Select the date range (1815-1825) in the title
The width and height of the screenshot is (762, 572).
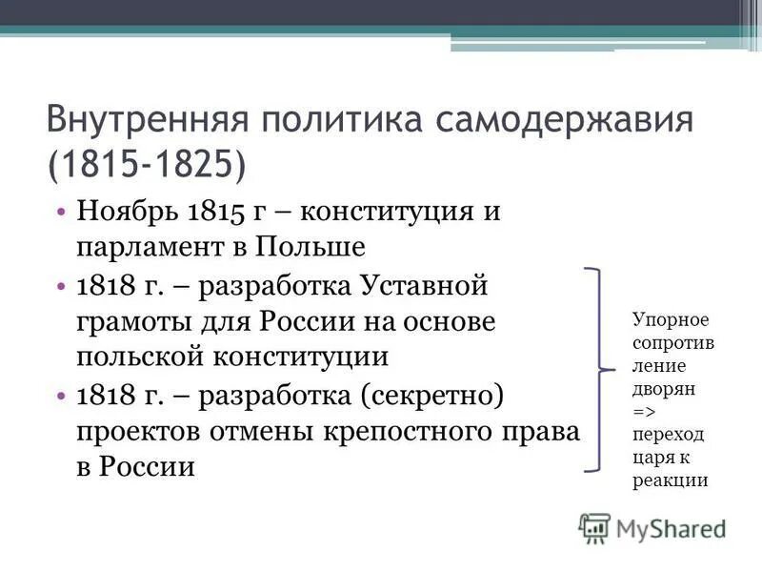[144, 163]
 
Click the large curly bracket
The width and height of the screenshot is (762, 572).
[598, 369]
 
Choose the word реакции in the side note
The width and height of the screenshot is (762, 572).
[670, 480]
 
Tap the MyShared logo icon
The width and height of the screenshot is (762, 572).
[595, 529]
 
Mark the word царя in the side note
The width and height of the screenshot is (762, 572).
[651, 457]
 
